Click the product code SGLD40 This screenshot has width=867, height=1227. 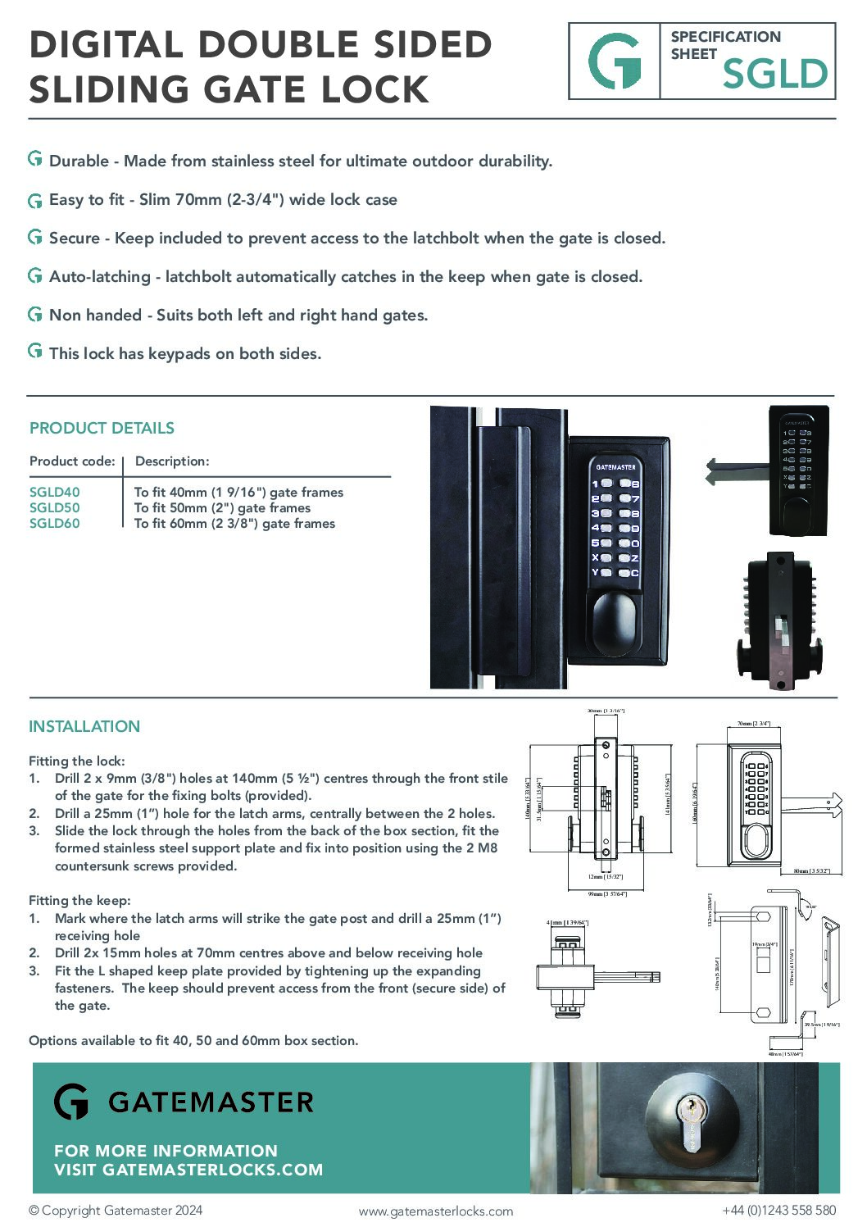pyautogui.click(x=54, y=492)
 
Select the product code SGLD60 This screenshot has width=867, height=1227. pyautogui.click(x=54, y=524)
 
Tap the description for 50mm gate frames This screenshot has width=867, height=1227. pyautogui.click(x=222, y=508)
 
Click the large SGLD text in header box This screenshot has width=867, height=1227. pyautogui.click(x=774, y=75)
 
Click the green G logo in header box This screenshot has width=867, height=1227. pyautogui.click(x=615, y=61)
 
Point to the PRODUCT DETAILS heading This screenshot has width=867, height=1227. pyautogui.click(x=102, y=428)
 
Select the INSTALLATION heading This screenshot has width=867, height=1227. pyautogui.click(x=84, y=726)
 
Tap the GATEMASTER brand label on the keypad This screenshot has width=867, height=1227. pyautogui.click(x=615, y=467)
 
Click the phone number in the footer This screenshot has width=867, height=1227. pyautogui.click(x=778, y=1211)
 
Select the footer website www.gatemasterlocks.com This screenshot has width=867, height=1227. pyautogui.click(x=436, y=1211)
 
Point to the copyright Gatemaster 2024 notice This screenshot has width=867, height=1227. pyautogui.click(x=116, y=1211)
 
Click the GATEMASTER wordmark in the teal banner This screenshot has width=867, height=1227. pyautogui.click(x=211, y=1102)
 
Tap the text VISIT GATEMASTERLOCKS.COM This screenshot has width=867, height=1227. pyautogui.click(x=188, y=1170)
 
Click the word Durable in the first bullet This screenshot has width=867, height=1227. pyautogui.click(x=79, y=161)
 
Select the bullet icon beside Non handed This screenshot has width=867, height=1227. pyautogui.click(x=35, y=314)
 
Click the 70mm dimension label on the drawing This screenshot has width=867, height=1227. pyautogui.click(x=752, y=724)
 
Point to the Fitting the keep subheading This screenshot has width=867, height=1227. pyautogui.click(x=79, y=900)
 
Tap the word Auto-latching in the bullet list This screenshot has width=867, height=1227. pyautogui.click(x=100, y=277)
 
